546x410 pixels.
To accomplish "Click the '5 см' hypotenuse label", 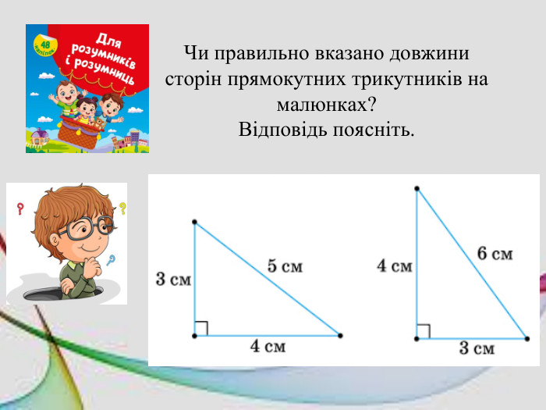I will tap(285, 266).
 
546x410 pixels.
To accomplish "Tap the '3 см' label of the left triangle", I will tap(173, 279).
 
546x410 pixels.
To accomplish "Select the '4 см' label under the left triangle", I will tap(268, 347).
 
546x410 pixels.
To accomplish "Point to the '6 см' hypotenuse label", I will tap(495, 253).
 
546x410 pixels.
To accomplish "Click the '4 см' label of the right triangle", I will tap(394, 266).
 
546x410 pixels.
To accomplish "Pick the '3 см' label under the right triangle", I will tap(476, 348).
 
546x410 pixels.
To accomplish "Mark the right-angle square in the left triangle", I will tap(201, 329).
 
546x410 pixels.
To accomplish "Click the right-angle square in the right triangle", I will tap(424, 332).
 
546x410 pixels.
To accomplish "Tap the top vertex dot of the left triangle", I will tap(194, 223).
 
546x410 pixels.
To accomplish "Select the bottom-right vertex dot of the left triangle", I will tap(340, 336).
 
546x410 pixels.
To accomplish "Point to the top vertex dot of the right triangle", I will tap(417, 188).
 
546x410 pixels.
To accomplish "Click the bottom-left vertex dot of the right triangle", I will tap(417, 339).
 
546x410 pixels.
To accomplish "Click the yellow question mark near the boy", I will tap(122, 209).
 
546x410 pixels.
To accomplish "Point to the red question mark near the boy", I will tap(20, 209).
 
